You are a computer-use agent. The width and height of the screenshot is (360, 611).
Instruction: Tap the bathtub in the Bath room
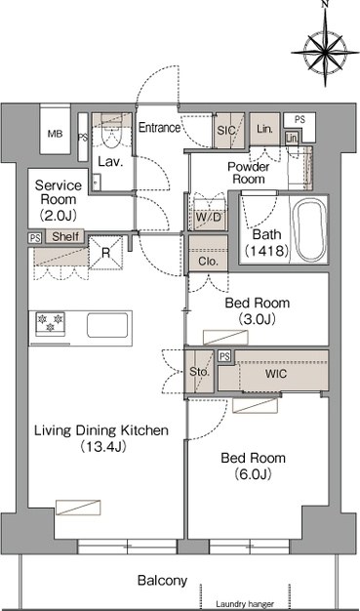click(x=311, y=231)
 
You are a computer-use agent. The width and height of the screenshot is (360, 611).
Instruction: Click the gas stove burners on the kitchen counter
click(x=51, y=323)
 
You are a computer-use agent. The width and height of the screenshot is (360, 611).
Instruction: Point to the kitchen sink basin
click(x=107, y=325)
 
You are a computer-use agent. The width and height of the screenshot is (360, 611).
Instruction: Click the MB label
click(x=55, y=134)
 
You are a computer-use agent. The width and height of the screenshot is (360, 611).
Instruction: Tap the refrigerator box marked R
click(x=105, y=253)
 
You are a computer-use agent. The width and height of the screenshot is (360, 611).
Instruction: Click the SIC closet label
click(x=226, y=131)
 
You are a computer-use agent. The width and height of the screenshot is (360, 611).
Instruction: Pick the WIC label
click(x=276, y=374)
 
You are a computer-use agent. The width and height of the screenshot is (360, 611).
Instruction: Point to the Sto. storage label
click(x=199, y=372)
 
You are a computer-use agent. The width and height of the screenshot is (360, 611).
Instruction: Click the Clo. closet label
click(x=208, y=262)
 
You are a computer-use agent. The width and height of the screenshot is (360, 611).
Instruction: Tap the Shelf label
click(x=65, y=236)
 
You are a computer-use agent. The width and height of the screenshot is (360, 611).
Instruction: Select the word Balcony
click(x=162, y=581)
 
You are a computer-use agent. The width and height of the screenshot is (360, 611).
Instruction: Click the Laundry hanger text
click(x=245, y=604)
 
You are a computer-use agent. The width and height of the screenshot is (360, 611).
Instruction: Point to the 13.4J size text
click(x=102, y=447)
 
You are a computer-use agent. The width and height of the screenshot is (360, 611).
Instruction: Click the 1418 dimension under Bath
click(x=266, y=251)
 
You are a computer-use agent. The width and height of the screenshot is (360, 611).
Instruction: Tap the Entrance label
click(x=160, y=128)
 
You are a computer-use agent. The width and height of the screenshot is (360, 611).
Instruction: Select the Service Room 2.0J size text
click(x=59, y=214)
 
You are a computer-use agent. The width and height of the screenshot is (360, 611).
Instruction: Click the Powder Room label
click(x=248, y=173)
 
